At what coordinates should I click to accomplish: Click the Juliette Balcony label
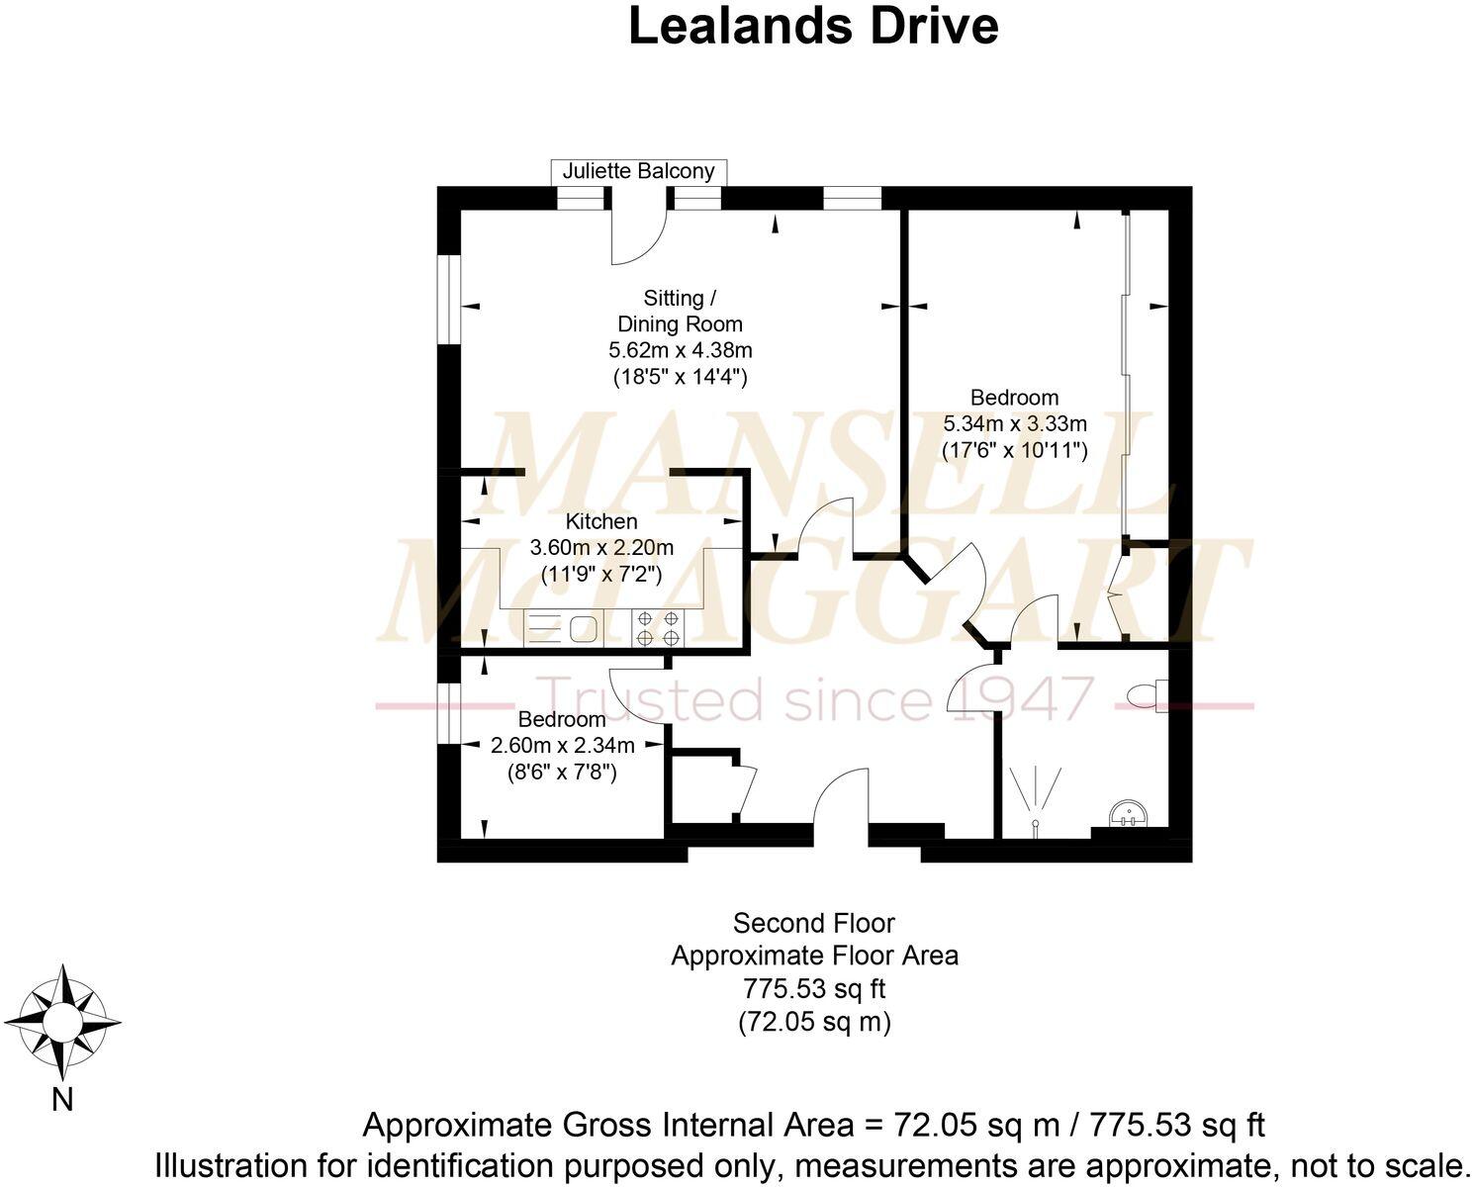click(x=638, y=170)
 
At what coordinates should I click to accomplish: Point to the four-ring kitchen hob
click(x=658, y=627)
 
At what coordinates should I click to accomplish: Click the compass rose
click(x=63, y=1023)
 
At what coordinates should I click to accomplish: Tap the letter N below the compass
click(x=62, y=1099)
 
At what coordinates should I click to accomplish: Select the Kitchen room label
click(x=601, y=521)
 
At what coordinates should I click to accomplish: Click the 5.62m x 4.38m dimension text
click(x=680, y=350)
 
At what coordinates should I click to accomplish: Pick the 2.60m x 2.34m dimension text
click(x=562, y=745)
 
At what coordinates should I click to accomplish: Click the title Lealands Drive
click(x=813, y=27)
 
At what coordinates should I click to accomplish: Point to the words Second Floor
click(x=813, y=924)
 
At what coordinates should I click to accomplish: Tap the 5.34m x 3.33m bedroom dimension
click(x=1015, y=423)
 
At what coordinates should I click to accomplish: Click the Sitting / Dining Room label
click(x=680, y=312)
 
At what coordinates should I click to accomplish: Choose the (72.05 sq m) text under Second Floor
click(x=815, y=1042)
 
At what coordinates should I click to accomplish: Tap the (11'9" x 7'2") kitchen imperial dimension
click(x=601, y=574)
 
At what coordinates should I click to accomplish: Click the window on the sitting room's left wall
click(x=449, y=300)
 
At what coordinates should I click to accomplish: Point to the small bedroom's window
click(x=449, y=713)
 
